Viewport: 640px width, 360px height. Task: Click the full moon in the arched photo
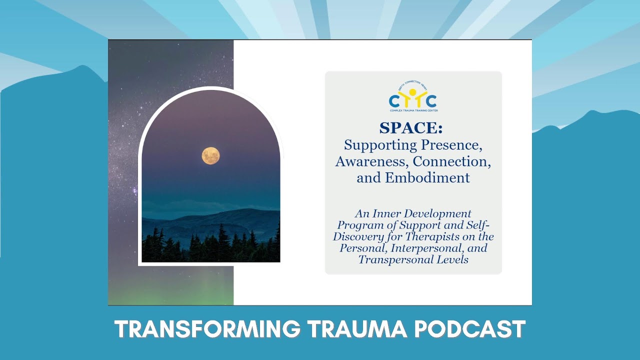210,155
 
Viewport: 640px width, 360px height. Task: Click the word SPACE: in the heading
410,128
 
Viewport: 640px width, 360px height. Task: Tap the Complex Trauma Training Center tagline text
413,110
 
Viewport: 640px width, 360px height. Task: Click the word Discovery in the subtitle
355,236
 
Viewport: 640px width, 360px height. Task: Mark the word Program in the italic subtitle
357,225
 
